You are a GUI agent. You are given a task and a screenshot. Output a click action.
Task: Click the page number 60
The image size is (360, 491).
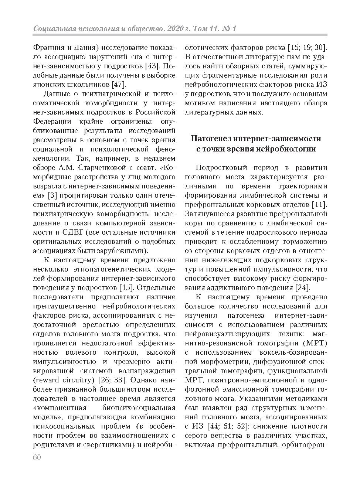(37, 458)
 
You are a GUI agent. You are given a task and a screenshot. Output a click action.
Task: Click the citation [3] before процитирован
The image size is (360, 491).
(53, 195)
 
